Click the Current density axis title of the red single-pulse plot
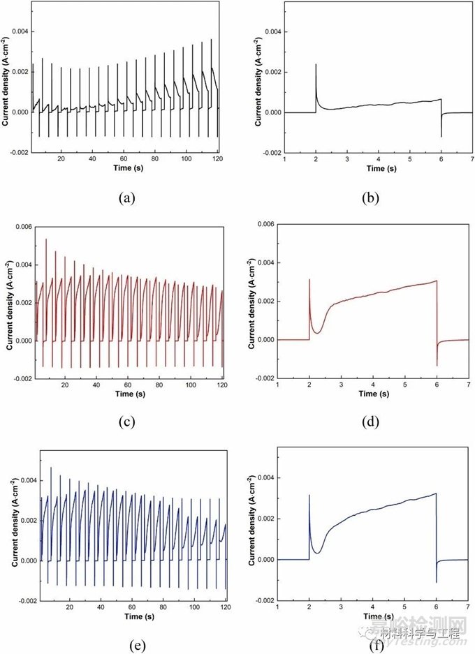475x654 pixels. [252, 306]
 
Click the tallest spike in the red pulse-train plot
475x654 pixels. [46, 239]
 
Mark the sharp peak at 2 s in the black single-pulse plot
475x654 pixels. [316, 65]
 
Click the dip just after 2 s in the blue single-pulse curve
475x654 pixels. [317, 553]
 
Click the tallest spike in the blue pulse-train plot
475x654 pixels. [51, 468]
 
